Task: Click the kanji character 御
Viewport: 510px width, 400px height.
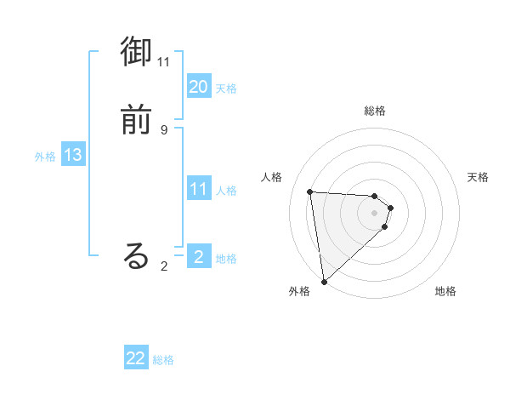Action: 137,53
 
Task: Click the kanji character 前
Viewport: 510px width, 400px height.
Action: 137,120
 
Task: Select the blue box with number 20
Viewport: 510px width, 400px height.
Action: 199,87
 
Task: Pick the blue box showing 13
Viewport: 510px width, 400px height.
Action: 73,156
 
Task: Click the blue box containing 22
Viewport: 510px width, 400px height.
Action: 136,358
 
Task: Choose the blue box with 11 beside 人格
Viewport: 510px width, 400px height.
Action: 199,189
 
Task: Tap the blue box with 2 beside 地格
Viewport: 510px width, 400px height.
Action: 199,255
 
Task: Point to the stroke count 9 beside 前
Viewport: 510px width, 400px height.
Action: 164,129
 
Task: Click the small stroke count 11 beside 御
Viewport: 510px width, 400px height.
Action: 164,62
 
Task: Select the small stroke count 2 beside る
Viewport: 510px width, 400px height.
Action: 164,266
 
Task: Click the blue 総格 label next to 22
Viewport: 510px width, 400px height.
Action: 163,360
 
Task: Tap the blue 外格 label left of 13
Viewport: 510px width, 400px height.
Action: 45,157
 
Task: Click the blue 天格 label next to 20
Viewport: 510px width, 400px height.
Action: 226,89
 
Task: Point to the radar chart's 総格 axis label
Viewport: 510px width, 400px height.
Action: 375,111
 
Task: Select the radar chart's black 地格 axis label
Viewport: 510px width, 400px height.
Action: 445,292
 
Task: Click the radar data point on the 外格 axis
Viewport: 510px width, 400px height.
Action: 324,281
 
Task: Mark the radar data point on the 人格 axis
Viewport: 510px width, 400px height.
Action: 310,191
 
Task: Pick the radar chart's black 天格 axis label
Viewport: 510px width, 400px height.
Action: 478,177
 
